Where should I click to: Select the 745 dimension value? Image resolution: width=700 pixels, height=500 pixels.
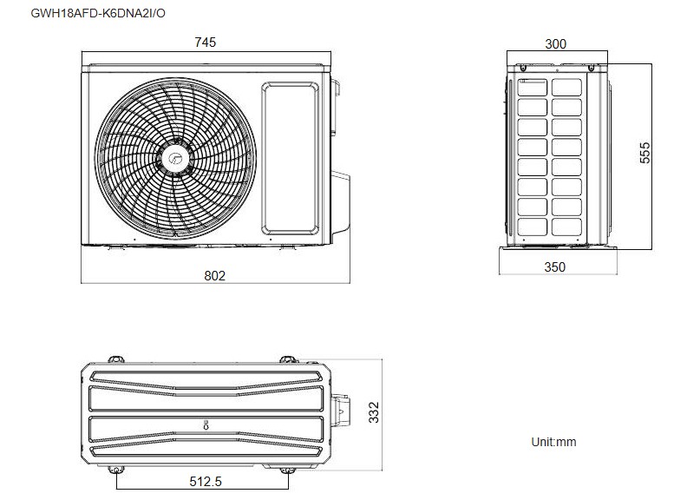click(206, 42)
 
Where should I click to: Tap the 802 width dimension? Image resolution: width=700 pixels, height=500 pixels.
click(214, 275)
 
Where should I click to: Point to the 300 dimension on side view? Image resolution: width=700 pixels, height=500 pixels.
click(556, 43)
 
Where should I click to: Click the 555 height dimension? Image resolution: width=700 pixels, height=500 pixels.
click(644, 154)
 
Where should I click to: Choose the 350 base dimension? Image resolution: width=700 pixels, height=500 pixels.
click(554, 267)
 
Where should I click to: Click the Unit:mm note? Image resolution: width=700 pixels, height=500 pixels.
click(553, 442)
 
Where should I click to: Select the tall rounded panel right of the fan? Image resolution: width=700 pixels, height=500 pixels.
click(291, 154)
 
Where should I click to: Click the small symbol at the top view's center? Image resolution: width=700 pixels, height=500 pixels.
click(206, 424)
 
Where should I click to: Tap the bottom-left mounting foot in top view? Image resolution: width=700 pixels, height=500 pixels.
click(117, 470)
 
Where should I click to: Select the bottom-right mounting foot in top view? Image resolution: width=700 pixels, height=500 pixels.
click(287, 470)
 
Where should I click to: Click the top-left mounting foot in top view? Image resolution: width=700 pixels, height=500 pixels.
click(115, 358)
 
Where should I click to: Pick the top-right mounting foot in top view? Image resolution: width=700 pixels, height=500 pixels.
click(287, 358)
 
